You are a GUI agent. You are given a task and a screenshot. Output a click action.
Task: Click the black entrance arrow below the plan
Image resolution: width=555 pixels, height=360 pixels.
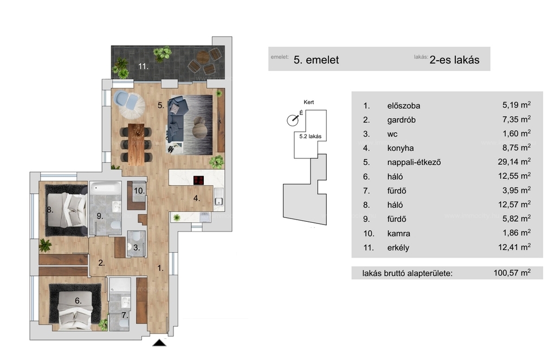coord(160,343)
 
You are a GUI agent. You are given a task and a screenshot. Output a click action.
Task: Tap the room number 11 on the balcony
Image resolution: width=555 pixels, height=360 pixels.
coord(143,67)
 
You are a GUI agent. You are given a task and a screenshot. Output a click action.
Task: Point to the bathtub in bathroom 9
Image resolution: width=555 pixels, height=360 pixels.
coord(105,189)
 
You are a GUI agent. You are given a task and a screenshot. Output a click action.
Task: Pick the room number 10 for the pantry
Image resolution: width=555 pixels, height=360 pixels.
coord(139,191)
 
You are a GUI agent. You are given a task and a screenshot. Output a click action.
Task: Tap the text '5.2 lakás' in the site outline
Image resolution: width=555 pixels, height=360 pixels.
coord(311,137)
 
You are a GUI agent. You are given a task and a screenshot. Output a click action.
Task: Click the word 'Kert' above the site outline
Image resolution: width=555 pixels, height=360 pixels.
coord(309,102)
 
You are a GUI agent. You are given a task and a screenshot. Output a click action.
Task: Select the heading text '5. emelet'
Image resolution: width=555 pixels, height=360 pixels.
coord(316,60)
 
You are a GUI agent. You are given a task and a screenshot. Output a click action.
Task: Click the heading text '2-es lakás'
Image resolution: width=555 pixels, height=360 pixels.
coord(454,60)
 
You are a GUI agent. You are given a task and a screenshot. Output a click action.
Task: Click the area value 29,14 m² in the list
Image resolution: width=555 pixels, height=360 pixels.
coord(516,162)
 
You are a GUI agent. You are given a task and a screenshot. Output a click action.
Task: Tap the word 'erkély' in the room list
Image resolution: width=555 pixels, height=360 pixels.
coord(398,248)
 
